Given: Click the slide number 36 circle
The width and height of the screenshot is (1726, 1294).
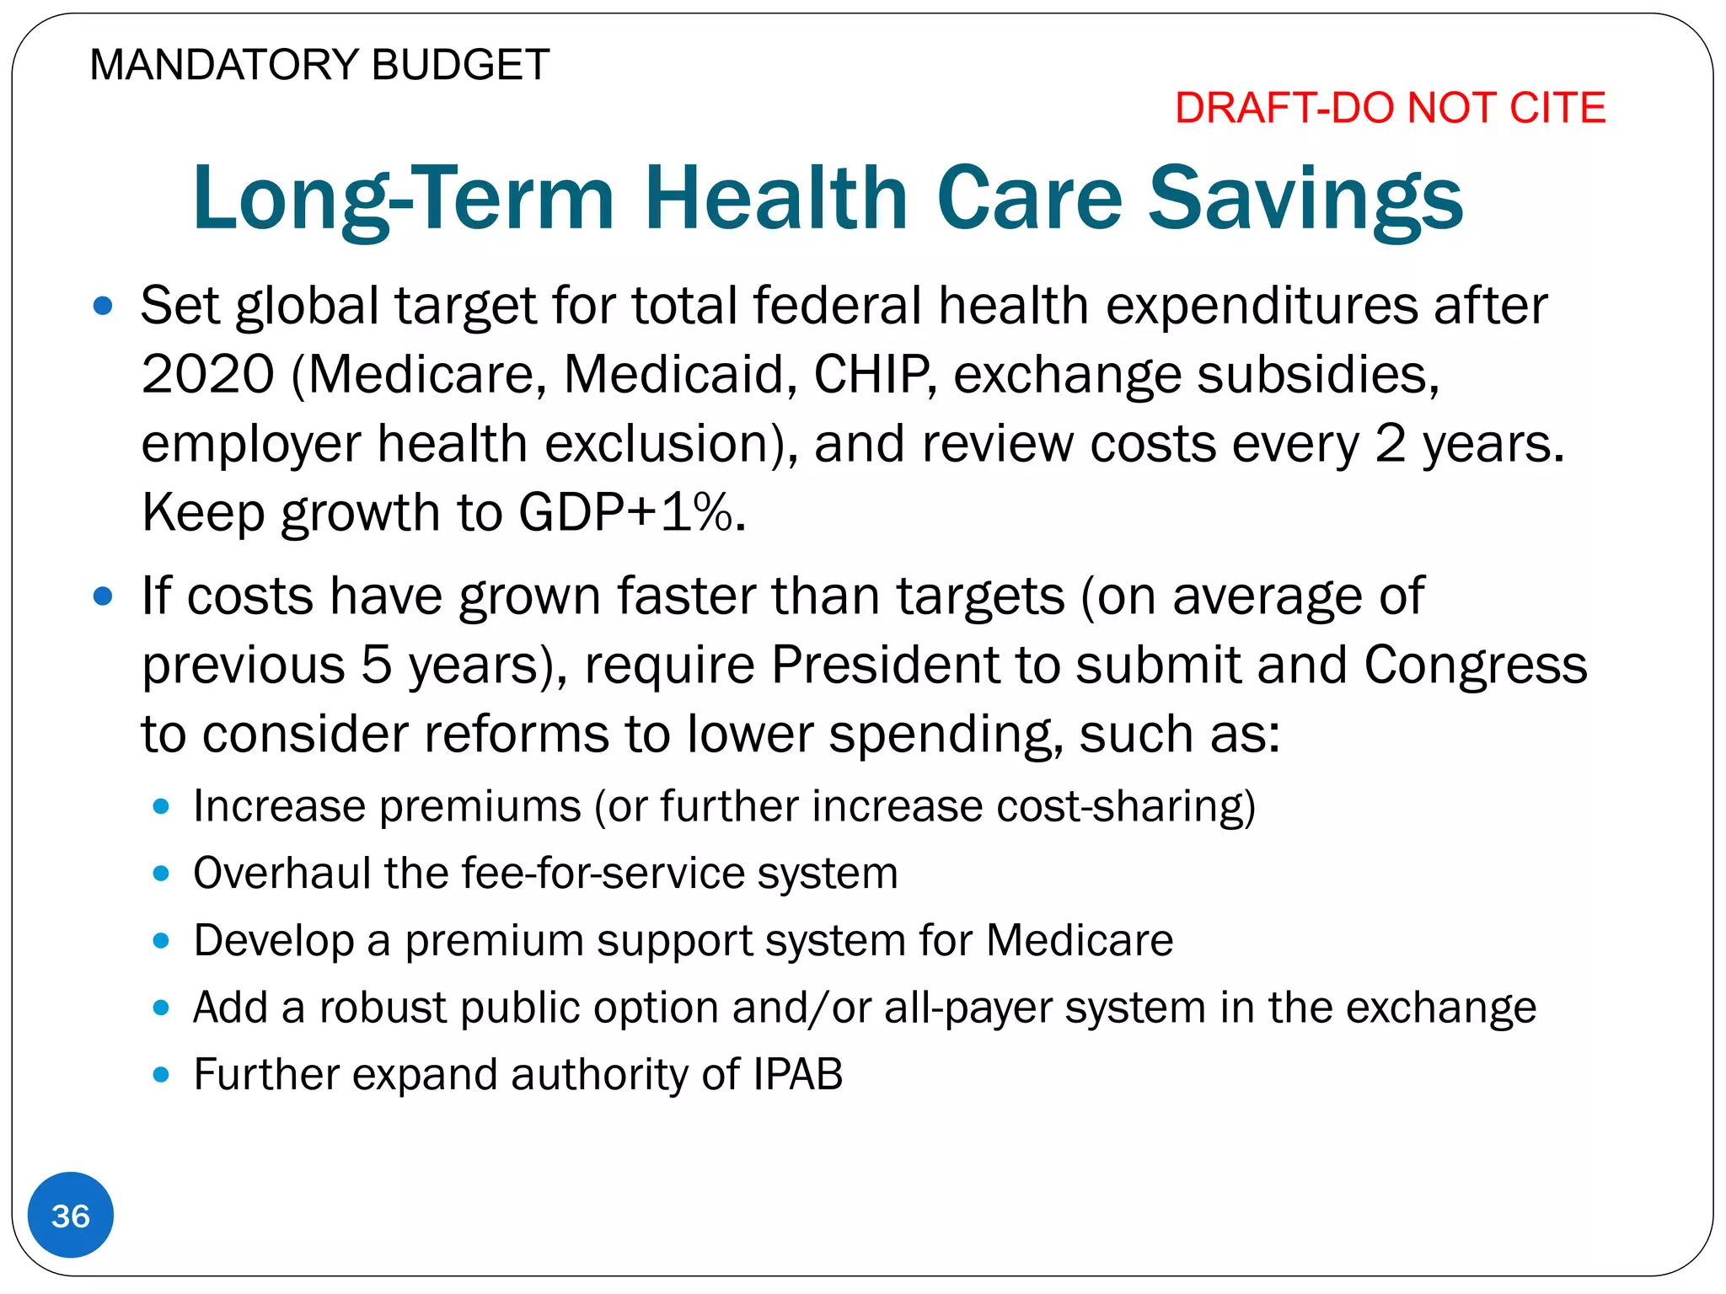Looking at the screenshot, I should point(70,1215).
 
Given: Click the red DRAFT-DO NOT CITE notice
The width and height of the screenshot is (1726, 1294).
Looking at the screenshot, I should point(1390,108).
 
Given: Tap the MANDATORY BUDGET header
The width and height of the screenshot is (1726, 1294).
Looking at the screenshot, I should point(319,65).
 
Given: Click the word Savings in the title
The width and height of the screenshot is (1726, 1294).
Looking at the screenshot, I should point(1305,199).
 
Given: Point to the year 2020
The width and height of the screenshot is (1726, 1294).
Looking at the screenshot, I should point(208,374).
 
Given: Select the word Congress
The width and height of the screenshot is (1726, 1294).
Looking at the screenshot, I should point(1475,665).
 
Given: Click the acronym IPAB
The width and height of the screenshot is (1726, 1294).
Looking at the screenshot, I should point(797,1074).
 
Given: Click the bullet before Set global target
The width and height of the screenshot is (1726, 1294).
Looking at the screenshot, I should point(103,306).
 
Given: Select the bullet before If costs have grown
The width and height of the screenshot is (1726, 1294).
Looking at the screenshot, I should point(103,597).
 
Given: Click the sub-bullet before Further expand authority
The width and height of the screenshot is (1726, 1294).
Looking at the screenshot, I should point(161,1075).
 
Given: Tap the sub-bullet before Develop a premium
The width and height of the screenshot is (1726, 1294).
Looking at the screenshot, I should point(161,940).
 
